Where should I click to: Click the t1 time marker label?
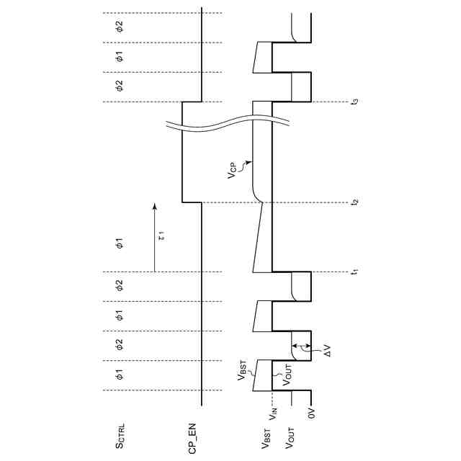click(354, 272)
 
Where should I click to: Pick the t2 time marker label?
click(354, 202)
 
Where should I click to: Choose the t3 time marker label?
click(354, 102)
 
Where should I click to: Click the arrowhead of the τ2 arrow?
click(153, 207)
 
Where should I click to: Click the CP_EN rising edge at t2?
click(192, 202)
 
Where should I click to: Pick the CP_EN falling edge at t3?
click(192, 102)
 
